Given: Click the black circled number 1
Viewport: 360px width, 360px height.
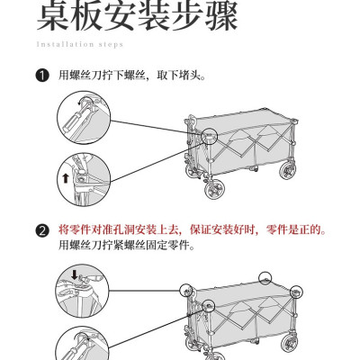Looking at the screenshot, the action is (x=42, y=76).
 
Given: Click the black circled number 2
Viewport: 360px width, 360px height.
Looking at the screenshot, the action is (x=42, y=230).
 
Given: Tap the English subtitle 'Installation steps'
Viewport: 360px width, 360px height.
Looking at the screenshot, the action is (x=80, y=44).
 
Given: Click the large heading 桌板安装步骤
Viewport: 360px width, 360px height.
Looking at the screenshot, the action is (x=138, y=15).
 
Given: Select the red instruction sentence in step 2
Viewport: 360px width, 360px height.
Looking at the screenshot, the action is (x=193, y=230).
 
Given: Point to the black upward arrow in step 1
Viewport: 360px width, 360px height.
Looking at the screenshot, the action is (x=66, y=179).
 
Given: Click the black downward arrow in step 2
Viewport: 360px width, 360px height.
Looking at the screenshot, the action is (x=75, y=274).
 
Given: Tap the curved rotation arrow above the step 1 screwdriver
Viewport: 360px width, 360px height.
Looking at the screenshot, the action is (x=80, y=102).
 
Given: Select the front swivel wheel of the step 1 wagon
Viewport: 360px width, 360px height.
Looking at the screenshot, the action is (x=215, y=189).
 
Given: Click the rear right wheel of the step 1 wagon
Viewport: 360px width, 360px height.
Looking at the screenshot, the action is (x=287, y=170).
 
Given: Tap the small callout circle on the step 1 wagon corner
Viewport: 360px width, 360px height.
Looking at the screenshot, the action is (x=209, y=136).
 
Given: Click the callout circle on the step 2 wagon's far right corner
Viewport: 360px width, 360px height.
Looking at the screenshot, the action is (x=296, y=292).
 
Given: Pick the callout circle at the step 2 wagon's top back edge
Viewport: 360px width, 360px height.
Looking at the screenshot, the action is (x=265, y=278).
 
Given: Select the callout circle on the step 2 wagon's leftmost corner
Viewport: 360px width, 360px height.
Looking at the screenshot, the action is (x=186, y=290).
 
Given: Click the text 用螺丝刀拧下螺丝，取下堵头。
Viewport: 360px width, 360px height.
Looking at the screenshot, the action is (x=132, y=75).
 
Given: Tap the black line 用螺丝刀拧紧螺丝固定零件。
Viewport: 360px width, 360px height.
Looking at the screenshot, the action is (x=127, y=246).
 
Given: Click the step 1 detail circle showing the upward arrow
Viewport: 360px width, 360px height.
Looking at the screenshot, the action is (x=84, y=179).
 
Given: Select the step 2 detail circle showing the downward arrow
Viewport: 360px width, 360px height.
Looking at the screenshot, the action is (x=82, y=291).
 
